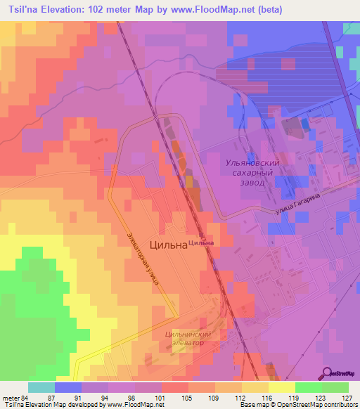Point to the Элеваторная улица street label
click(143, 259)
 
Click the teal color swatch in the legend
click(41, 387)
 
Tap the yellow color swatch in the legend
click(281, 387)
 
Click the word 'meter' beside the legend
click(10, 397)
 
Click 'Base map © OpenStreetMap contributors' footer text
click(298, 405)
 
